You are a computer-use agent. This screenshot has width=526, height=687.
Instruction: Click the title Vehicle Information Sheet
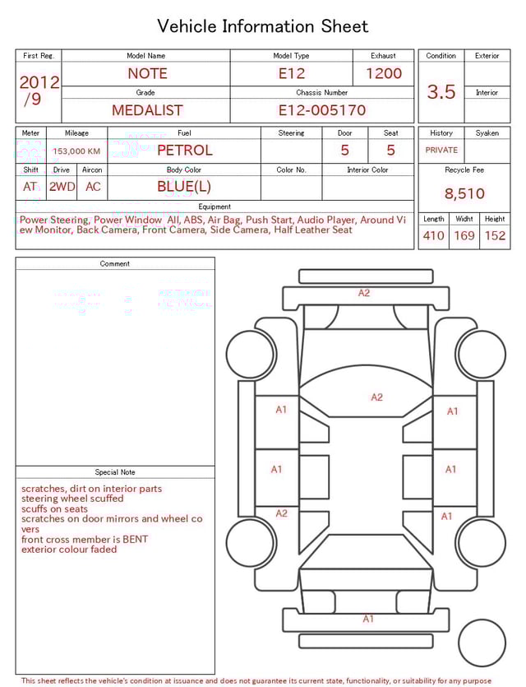[263, 26]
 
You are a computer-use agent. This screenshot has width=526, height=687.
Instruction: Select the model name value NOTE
[148, 73]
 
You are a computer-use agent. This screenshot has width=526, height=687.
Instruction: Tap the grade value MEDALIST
[147, 110]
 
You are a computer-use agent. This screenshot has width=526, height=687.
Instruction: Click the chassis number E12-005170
[321, 110]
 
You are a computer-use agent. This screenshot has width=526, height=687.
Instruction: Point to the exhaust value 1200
[384, 73]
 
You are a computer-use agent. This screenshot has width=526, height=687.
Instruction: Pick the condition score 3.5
[441, 92]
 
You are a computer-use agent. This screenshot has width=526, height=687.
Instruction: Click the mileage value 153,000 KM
[76, 151]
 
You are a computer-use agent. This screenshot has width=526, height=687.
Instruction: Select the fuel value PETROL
[184, 151]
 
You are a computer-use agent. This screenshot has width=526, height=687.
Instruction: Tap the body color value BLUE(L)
[184, 187]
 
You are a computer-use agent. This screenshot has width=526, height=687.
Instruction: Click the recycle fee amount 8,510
[464, 194]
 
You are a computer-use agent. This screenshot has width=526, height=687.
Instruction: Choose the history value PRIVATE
[441, 151]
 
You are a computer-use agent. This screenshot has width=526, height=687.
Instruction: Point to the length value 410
[433, 236]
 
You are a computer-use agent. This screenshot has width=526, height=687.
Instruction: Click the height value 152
[495, 236]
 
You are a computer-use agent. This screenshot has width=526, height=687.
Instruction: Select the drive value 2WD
[62, 187]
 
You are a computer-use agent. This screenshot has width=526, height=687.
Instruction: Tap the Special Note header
[115, 472]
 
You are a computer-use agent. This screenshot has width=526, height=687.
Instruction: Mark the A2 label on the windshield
[376, 397]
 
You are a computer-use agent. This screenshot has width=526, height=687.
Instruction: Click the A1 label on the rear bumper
[368, 619]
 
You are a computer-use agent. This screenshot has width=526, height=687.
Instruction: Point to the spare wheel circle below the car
[481, 643]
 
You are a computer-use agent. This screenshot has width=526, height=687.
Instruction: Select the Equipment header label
[215, 207]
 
